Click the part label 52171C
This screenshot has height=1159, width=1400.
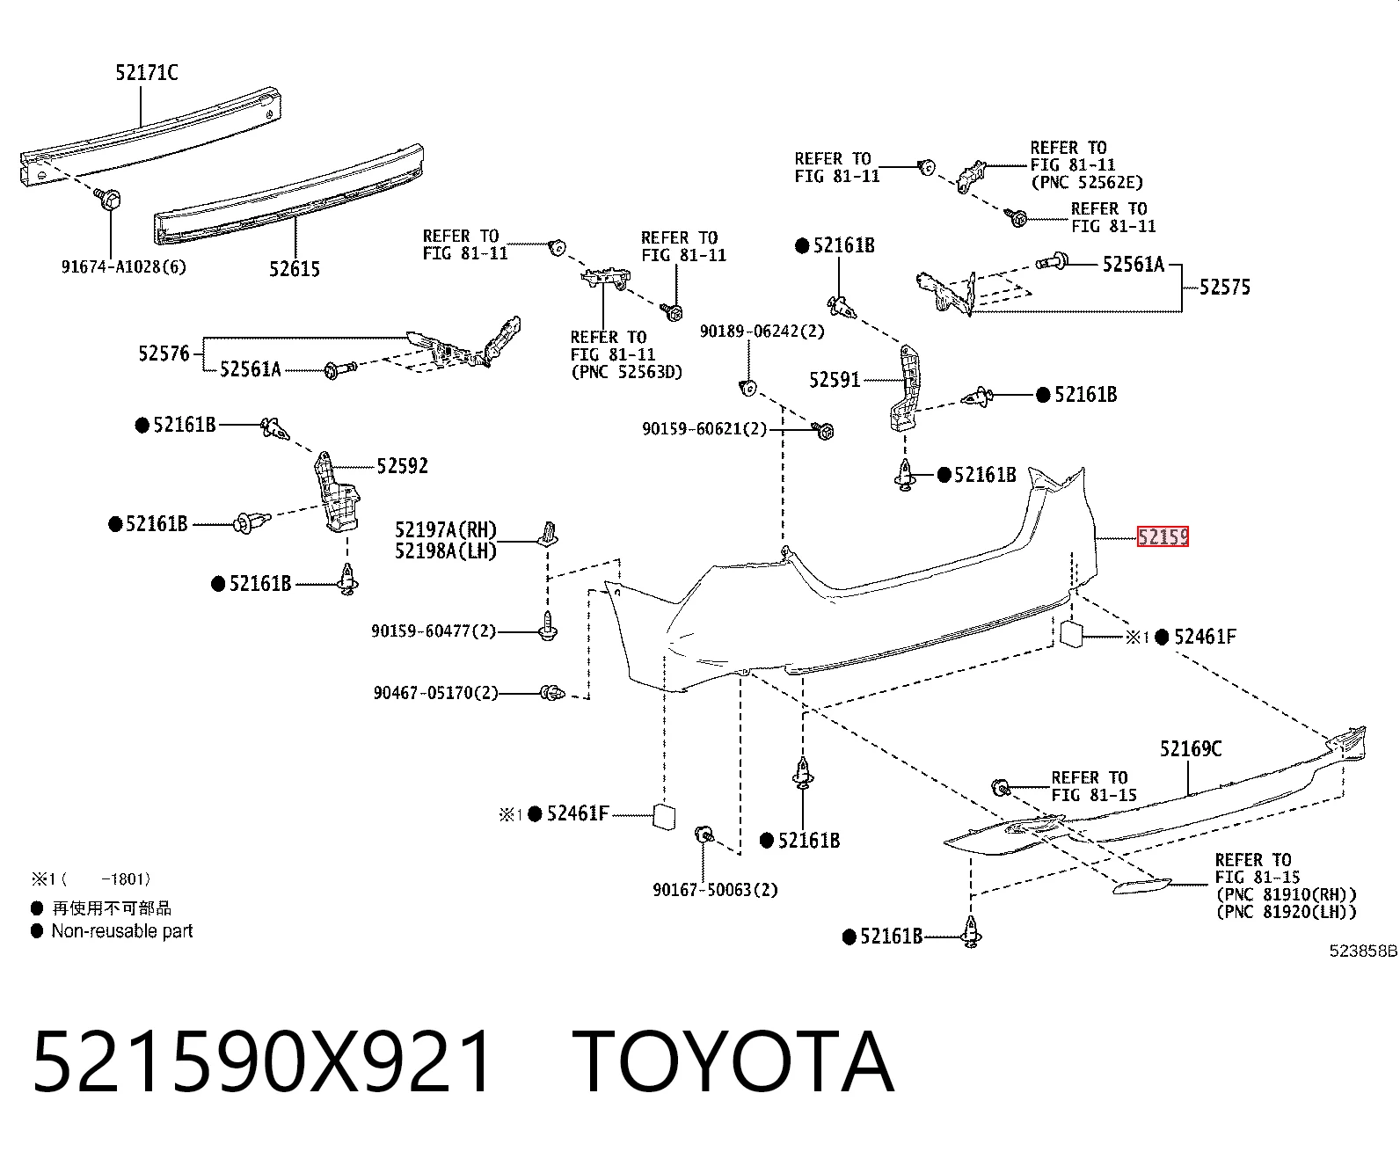[x=147, y=72]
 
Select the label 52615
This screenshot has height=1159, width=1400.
[x=295, y=269]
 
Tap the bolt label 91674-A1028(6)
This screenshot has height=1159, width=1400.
[x=124, y=267]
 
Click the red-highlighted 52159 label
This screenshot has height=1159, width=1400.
[x=1163, y=536]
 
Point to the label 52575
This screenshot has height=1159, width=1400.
[x=1224, y=287]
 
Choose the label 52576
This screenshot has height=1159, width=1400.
[x=164, y=354]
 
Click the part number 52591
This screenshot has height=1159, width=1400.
[x=834, y=380]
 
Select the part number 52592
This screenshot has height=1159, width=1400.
[x=402, y=465]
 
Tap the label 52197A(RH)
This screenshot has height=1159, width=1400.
[x=446, y=530]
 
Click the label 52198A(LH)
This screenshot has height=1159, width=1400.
[x=446, y=550]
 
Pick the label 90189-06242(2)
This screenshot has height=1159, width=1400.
[x=762, y=332]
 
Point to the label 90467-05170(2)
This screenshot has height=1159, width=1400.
[x=436, y=692]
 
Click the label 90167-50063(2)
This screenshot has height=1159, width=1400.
[x=716, y=890]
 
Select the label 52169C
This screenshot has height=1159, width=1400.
[x=1191, y=748]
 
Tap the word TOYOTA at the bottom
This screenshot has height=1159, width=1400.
[x=733, y=1062]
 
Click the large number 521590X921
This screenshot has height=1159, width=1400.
[x=262, y=1062]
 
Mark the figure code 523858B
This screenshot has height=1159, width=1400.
[x=1363, y=951]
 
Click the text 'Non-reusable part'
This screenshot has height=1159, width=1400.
[x=122, y=931]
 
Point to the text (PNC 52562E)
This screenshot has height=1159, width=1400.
[x=1087, y=182]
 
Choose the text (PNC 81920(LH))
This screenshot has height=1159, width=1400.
[x=1286, y=912]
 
